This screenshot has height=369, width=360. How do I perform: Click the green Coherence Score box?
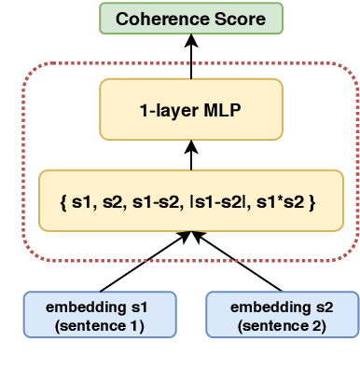click(x=190, y=18)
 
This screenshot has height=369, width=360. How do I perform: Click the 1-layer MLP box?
click(x=190, y=109)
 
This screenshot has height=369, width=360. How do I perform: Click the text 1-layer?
click(x=169, y=109)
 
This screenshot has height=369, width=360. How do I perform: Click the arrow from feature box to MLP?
click(x=190, y=156)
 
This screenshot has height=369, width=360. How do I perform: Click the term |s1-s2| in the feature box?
click(x=229, y=200)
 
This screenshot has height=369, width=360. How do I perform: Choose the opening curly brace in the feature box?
click(x=62, y=200)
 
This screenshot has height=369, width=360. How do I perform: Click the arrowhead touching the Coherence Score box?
click(x=190, y=40)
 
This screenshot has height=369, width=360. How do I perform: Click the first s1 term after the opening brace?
click(x=81, y=200)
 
